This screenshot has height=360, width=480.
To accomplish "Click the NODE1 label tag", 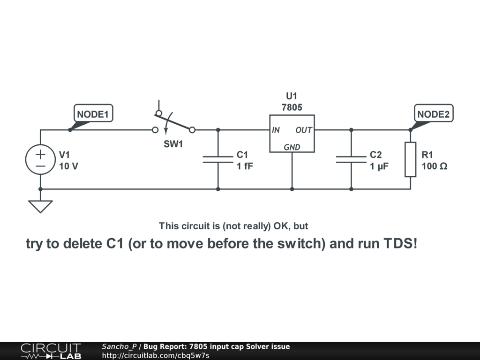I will click(x=93, y=114).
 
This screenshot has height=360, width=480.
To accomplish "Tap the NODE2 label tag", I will click(x=434, y=114).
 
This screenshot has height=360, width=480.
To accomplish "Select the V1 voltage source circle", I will click(x=40, y=159).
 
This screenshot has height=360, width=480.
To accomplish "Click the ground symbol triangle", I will click(x=40, y=206).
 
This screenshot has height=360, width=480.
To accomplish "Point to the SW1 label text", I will click(x=173, y=144).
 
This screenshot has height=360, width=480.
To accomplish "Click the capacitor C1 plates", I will click(x=218, y=159).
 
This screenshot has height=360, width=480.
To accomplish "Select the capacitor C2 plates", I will click(x=351, y=159).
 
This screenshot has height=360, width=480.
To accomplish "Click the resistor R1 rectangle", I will click(x=410, y=159).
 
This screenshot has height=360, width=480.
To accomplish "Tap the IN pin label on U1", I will click(x=276, y=130).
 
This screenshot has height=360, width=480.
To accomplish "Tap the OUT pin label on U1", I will click(x=304, y=130).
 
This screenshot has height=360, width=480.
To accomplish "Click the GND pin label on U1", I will click(x=292, y=147).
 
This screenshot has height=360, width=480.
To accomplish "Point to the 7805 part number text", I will click(x=292, y=107).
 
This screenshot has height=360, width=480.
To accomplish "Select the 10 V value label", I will click(x=68, y=166).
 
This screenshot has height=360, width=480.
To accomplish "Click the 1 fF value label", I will click(x=245, y=166).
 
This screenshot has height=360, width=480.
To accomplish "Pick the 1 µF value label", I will click(x=379, y=166).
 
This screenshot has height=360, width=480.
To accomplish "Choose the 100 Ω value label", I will click(x=434, y=166).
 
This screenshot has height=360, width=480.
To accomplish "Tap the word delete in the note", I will click(x=83, y=244).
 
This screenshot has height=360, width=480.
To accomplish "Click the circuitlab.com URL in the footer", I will click(x=156, y=355).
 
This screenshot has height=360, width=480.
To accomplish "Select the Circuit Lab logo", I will click(x=51, y=351).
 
